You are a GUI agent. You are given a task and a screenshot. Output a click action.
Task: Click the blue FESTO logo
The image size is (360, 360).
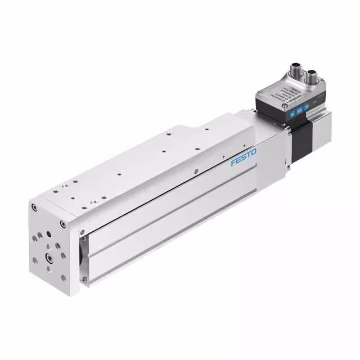point(243,157)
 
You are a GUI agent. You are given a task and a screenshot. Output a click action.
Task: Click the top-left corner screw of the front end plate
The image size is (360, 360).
point(35,208)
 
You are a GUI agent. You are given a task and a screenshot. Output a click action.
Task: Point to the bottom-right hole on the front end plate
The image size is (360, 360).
point(62,278)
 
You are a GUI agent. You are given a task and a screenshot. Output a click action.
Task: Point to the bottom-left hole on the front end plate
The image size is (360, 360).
point(35,260)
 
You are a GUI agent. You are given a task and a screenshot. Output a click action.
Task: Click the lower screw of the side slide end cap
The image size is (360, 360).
point(84,279)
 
